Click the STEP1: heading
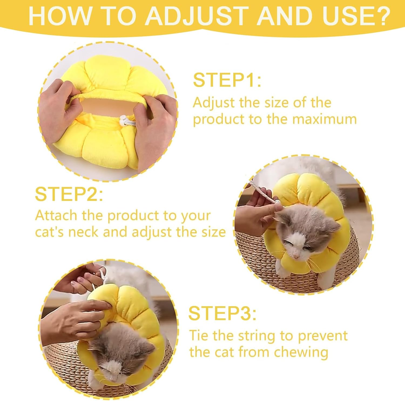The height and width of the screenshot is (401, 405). tap(227, 80)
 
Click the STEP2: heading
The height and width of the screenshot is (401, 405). tap(69, 194)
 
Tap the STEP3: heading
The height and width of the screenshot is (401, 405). tap(222, 313)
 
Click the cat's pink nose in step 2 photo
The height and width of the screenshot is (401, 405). tap(296, 256)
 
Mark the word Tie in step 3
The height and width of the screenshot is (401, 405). tap(199, 336)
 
